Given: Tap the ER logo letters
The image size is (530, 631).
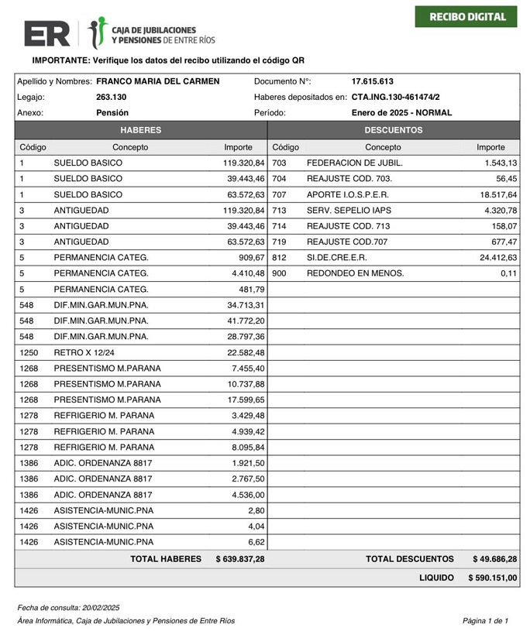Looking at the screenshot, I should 46,33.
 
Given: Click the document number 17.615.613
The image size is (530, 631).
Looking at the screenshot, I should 372,81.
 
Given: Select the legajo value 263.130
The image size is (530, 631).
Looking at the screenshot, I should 111,97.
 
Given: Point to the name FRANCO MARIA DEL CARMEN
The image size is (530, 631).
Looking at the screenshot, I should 158,81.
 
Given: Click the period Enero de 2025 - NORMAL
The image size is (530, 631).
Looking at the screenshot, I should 401,112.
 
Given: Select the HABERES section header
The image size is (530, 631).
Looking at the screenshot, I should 140,130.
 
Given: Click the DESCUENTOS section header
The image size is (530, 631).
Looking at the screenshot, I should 393,130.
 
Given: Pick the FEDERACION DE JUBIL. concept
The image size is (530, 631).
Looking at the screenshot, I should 354,163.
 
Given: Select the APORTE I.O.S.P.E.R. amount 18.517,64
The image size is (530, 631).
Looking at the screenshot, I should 497,194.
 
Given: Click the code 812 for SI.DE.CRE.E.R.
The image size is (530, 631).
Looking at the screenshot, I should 280,257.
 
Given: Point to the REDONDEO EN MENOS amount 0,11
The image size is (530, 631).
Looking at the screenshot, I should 508,273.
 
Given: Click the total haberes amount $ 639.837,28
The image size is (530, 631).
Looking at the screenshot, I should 239,558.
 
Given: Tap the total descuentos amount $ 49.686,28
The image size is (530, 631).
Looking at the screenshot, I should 494,558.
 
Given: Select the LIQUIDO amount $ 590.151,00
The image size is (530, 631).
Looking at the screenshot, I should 492,578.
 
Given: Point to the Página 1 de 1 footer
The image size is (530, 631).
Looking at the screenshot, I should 485,620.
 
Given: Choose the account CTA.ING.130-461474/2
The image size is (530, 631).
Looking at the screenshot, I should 395,97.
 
